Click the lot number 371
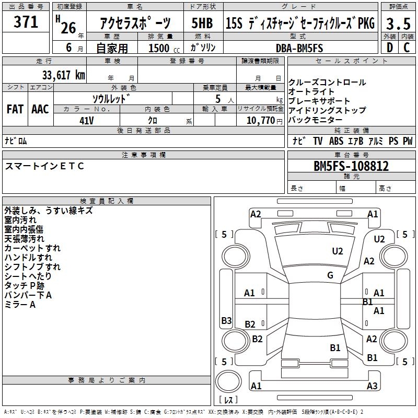tap(26, 21)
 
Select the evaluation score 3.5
tap(398, 24)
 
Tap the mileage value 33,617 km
tap(63, 75)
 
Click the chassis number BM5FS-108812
tap(351, 166)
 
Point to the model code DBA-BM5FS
tap(299, 48)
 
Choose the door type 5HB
tap(202, 23)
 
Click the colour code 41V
tap(87, 121)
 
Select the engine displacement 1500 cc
tap(164, 48)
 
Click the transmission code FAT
tap(15, 109)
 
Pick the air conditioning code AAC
tap(40, 109)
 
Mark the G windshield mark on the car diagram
tap(330, 275)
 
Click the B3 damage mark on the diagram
tap(226, 320)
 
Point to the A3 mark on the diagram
tap(372, 386)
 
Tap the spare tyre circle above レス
tap(228, 381)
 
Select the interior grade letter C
tap(407, 48)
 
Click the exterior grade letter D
tap(389, 48)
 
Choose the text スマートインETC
tap(44, 166)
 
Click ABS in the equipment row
tap(336, 141)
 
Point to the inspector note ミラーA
tap(20, 305)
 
